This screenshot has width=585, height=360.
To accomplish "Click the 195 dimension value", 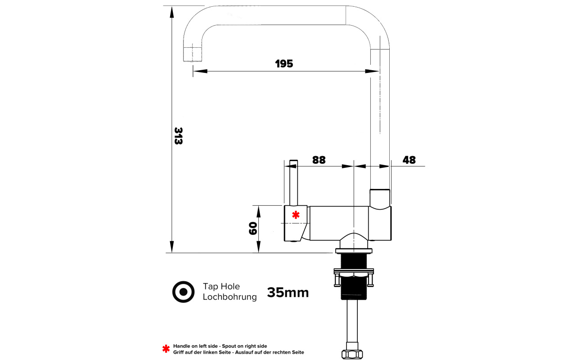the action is click(x=284, y=63).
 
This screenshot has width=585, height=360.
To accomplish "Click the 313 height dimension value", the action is click(x=178, y=136).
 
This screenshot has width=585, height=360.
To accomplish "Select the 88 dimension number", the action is click(x=319, y=160).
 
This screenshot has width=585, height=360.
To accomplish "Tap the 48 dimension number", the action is click(x=409, y=160).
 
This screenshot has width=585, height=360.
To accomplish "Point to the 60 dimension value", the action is click(x=253, y=228).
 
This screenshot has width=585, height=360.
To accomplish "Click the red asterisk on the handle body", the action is click(x=296, y=215).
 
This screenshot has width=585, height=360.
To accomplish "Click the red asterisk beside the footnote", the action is click(x=166, y=349).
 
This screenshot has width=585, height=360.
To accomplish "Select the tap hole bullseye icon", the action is click(x=183, y=292).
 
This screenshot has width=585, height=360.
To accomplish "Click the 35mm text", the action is click(x=288, y=292).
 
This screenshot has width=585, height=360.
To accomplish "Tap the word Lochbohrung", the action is click(x=230, y=297).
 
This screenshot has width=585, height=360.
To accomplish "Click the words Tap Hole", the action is click(x=221, y=286).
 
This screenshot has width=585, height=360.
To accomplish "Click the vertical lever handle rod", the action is click(x=293, y=183).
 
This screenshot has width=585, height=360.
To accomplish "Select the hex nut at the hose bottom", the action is click(x=352, y=354).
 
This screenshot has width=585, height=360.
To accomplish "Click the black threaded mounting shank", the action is click(x=354, y=276).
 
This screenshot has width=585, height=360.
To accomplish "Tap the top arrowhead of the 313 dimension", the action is click(x=171, y=12).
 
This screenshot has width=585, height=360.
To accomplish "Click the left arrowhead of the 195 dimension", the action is click(x=200, y=71).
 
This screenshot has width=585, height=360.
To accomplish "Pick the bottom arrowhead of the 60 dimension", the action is click(x=259, y=247).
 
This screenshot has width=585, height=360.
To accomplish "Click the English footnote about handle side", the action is click(x=220, y=346).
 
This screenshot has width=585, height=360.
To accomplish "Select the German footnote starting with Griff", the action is click(x=238, y=352).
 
